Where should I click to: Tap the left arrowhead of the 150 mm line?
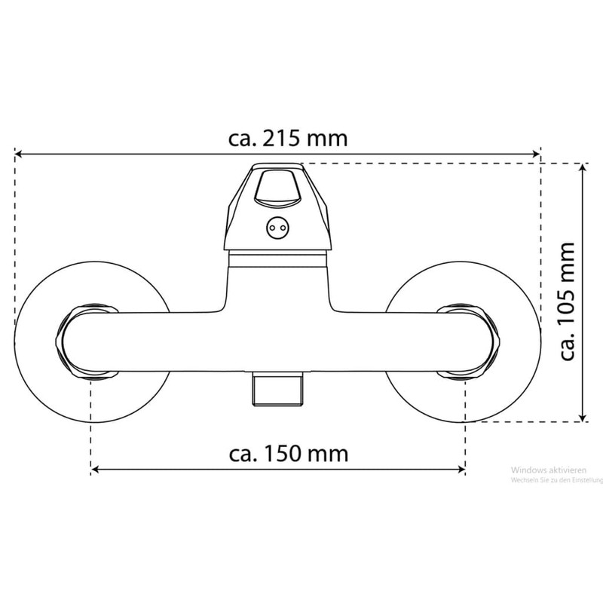click(x=96, y=469)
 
